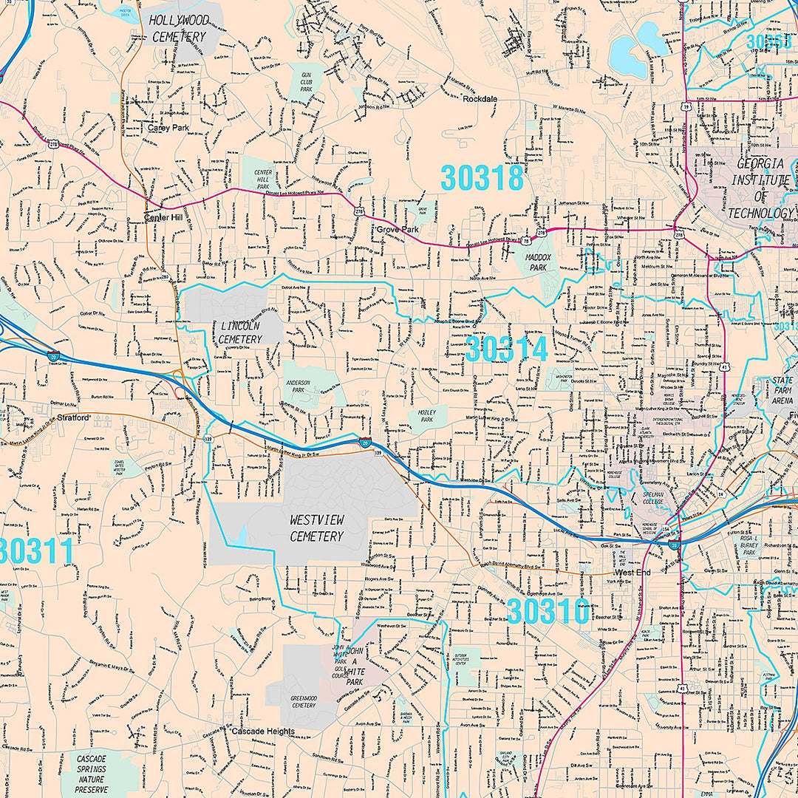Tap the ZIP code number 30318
[482, 178]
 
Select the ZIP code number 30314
[506, 349]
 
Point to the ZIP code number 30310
[548, 611]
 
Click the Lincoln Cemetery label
[240, 332]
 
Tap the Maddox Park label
[539, 262]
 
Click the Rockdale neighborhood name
[480, 99]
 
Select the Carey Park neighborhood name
[168, 128]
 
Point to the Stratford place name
[72, 417]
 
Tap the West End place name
[632, 572]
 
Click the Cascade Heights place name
[262, 731]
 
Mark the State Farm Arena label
[782, 390]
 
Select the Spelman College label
[654, 497]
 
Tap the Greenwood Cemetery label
[303, 700]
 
